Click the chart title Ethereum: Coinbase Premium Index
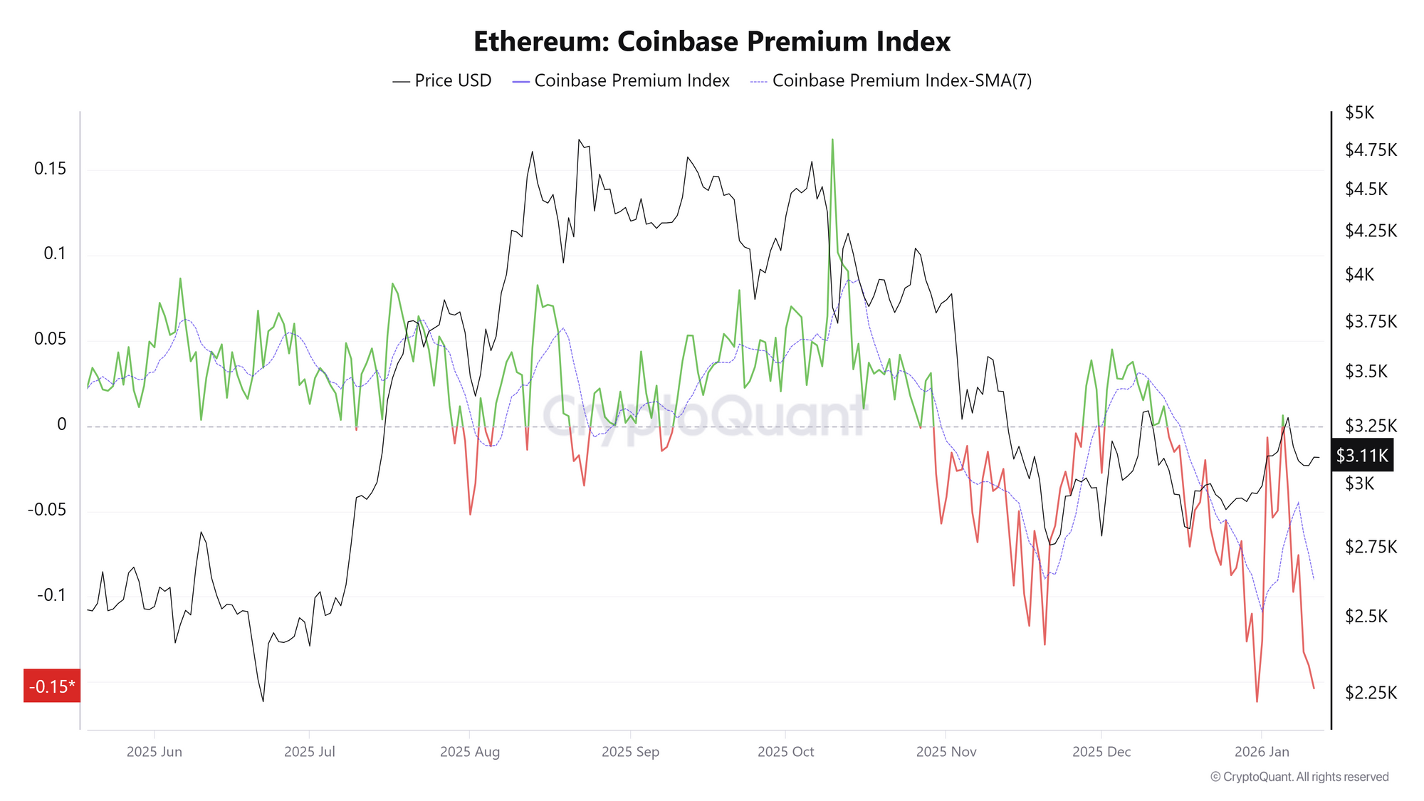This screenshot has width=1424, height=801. coord(711,41)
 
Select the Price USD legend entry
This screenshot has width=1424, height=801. coord(442,80)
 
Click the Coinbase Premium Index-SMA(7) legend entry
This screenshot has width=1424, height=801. coord(891,80)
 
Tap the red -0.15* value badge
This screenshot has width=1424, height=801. coord(52,686)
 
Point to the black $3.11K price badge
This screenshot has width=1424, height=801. coord(1361,456)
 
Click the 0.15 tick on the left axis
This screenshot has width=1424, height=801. coord(50,169)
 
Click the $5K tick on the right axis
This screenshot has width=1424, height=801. coord(1359,112)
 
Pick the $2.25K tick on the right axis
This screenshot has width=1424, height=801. coord(1370,692)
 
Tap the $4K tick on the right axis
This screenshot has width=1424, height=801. coord(1359,274)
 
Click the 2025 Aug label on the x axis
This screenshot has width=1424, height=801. coord(470,752)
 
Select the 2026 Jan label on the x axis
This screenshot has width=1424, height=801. coord(1262,752)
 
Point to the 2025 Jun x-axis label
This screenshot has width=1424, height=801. coord(155,752)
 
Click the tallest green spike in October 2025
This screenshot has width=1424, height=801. coord(832,140)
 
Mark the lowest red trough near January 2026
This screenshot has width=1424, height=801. coord(1257,701)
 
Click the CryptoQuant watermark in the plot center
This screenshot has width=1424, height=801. coord(705,417)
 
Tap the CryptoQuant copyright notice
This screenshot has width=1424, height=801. coord(1299,777)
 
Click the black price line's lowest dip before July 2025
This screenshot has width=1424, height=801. coord(263,701)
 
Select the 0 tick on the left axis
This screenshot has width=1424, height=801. coord(62,424)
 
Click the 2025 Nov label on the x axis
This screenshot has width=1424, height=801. coord(946,752)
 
